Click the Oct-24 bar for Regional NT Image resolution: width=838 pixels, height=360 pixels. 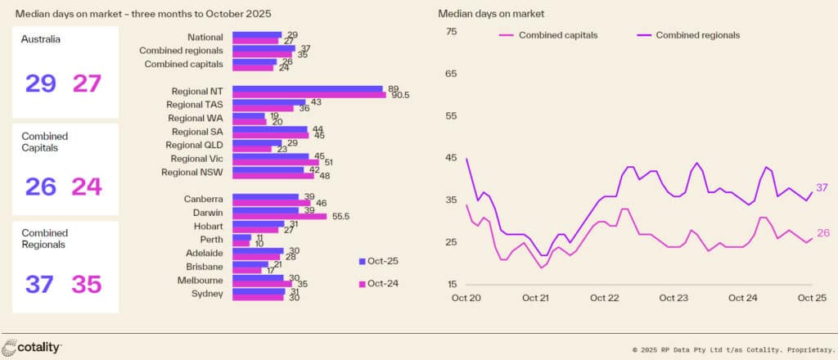pyautogui.click(x=309, y=95)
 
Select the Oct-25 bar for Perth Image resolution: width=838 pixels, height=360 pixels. pyautogui.click(x=242, y=237)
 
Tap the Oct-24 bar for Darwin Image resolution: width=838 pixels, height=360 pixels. pyautogui.click(x=280, y=216)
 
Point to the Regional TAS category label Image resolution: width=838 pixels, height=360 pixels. pyautogui.click(x=195, y=105)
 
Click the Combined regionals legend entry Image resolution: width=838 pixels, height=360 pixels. pyautogui.click(x=697, y=35)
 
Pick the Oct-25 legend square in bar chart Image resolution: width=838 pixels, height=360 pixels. pyautogui.click(x=362, y=261)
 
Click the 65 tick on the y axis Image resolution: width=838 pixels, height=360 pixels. pyautogui.click(x=450, y=73)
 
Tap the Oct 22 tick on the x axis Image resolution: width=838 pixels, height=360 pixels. pyautogui.click(x=604, y=298)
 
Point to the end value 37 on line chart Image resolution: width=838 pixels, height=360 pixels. pyautogui.click(x=822, y=188)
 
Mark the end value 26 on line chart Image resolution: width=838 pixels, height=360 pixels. pyautogui.click(x=822, y=233)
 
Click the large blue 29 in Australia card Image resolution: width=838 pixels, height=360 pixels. pyautogui.click(x=41, y=83)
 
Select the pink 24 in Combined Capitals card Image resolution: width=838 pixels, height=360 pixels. pyautogui.click(x=86, y=187)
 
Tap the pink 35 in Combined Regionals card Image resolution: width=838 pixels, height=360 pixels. pyautogui.click(x=86, y=284)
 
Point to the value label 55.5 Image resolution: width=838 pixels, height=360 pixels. pyautogui.click(x=341, y=216)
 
